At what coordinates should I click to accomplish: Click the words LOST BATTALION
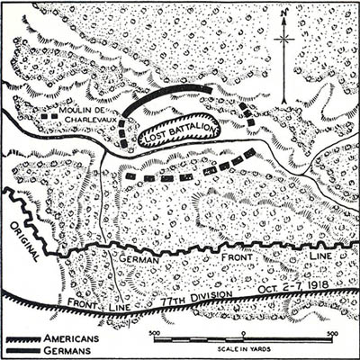coord(177,130)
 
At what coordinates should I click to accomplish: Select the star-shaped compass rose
coord(285,40)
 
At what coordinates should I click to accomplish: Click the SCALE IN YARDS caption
coord(244,348)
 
